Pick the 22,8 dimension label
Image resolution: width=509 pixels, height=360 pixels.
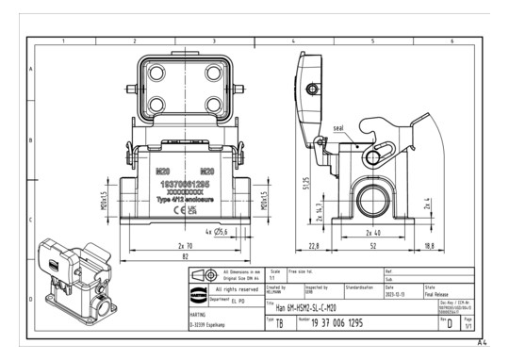coord(312,247)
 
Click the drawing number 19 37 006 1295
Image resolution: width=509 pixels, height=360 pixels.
coord(350,322)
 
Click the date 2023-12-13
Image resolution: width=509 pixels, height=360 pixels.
coord(397,294)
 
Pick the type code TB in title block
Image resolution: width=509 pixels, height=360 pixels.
coord(280,322)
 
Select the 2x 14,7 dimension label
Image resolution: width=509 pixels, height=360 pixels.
coord(319,208)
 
